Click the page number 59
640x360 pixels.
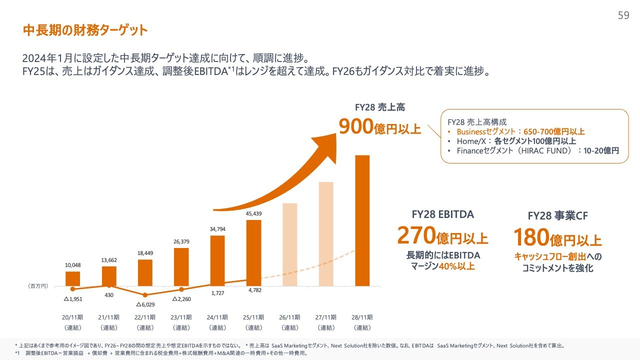(623, 15)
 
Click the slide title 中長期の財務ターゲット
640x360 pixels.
(85, 30)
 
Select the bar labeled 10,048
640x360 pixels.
(73, 278)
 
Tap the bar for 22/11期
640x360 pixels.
(145, 272)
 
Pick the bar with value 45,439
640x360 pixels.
(254, 252)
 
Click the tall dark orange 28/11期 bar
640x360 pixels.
(362, 220)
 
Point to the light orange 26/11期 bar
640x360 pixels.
(290, 244)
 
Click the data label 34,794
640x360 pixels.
(217, 229)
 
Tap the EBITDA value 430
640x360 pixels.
(109, 295)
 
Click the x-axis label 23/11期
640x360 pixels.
(181, 317)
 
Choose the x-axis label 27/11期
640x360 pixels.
(326, 317)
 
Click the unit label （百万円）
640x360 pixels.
(38, 286)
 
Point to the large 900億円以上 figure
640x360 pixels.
(380, 127)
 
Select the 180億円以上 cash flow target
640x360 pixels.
(557, 238)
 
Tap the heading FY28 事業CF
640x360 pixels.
(557, 216)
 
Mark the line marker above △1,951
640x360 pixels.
(73, 288)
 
